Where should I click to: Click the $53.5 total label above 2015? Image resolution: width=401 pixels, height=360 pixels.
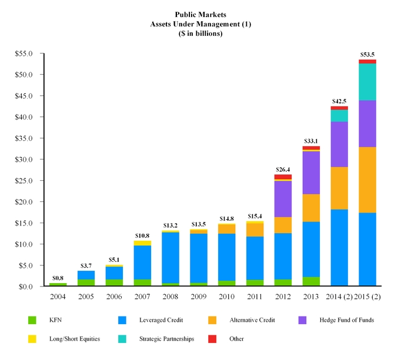coord(367,55)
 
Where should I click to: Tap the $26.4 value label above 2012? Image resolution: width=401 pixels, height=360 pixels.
coord(283,170)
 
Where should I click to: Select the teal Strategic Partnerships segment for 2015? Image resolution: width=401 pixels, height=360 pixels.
coord(367,82)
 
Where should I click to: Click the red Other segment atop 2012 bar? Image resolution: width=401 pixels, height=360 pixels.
coord(283,177)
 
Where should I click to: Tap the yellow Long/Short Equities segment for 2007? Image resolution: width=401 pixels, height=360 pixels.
coord(142,243)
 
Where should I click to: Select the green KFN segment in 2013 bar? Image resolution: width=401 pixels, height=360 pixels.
coord(311,281)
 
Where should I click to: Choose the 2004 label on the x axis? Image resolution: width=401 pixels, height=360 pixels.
coord(58,297)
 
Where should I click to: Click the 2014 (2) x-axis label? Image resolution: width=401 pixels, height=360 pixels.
coord(339,297)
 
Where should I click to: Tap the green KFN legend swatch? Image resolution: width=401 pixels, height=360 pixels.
coord(32,321)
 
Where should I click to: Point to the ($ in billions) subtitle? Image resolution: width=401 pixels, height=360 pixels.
coord(200,34)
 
